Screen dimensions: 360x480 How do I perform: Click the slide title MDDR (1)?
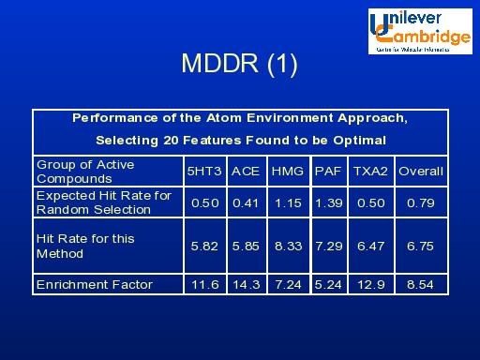coord(239,64)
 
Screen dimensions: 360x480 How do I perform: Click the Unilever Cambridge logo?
coord(420,30)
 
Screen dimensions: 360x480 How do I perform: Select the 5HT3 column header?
coord(205,172)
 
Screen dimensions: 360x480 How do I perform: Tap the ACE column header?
coord(246,172)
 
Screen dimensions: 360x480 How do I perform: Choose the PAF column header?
coord(328,172)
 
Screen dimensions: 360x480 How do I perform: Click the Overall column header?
coord(420,172)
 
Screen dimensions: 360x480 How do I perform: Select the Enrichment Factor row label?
coord(94,285)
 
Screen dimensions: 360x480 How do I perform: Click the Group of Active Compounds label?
coord(85,172)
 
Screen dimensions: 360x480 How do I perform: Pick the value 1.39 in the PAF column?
coord(328,202)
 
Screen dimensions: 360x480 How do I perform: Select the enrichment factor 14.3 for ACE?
coord(246,285)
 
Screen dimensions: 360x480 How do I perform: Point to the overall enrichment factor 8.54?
coord(420,285)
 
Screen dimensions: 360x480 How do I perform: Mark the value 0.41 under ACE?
coord(246,202)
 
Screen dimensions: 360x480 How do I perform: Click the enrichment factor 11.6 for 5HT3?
coord(205,285)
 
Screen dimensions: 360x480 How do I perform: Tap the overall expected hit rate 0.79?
coord(420,202)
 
